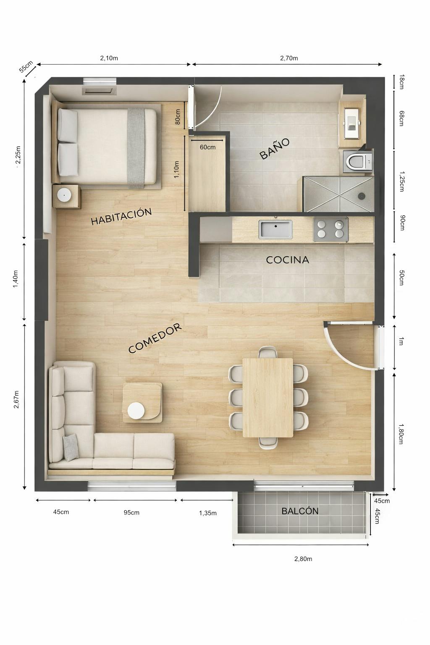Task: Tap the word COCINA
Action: click(288, 260)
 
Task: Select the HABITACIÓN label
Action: click(121, 217)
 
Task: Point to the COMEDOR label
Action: click(155, 338)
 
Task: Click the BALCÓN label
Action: click(300, 511)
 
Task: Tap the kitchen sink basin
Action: click(275, 230)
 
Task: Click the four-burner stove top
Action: click(330, 229)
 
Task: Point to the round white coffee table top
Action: click(136, 411)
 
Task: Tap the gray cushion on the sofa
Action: click(71, 447)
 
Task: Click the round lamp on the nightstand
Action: click(64, 195)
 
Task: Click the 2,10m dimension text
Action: click(109, 58)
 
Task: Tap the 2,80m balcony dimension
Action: click(303, 558)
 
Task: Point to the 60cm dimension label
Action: click(207, 147)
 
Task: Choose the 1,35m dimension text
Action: click(208, 513)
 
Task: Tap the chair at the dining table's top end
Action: click(267, 352)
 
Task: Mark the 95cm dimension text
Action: click(131, 512)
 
